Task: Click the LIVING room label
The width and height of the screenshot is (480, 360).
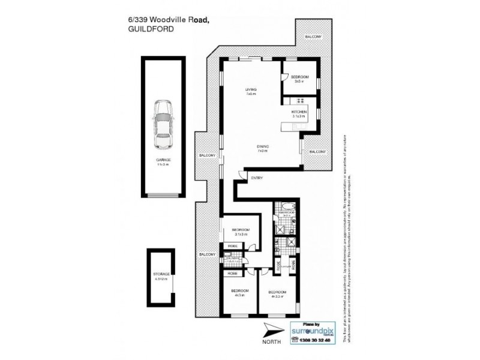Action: pyautogui.click(x=250, y=91)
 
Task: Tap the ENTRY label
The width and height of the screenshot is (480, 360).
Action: pyautogui.click(x=257, y=178)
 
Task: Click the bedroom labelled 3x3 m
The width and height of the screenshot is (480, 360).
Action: pyautogui.click(x=299, y=79)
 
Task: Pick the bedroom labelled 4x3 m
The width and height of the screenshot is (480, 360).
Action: pyautogui.click(x=239, y=293)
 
